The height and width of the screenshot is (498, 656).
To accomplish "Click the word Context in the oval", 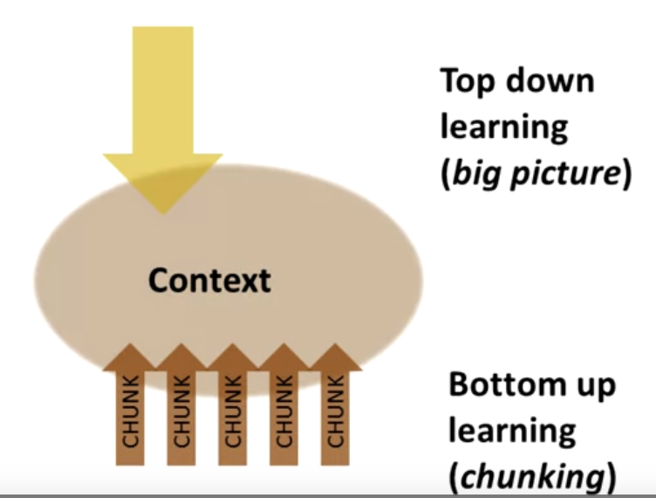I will coord(209,280).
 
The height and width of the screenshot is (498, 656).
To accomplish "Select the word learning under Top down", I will coord(503,127).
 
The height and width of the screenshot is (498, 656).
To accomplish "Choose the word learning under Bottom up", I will coord(512,432).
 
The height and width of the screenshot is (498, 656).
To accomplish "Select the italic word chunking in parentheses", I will coord(534,478).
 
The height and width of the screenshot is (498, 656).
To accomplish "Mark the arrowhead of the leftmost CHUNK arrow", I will coord(130,357).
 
